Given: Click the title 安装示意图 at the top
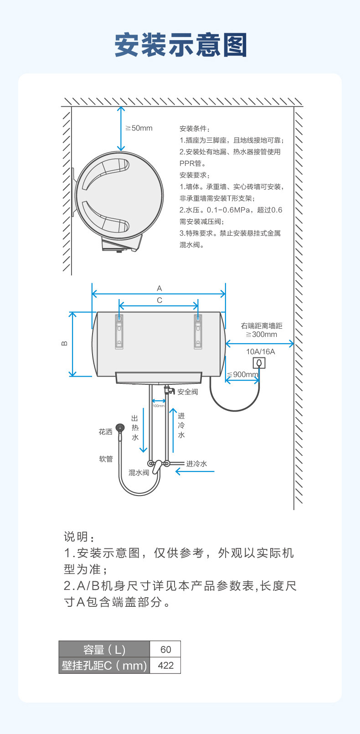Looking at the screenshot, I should point(180,45).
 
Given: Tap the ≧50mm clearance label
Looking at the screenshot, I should point(139,128).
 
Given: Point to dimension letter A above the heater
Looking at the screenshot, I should point(159,288).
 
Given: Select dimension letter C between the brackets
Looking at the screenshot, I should point(159,300).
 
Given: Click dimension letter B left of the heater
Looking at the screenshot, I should point(64,343).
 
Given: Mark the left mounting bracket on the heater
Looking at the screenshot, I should point(119,331).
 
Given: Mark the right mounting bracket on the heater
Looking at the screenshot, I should point(198,331).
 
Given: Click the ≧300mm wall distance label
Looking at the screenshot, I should point(262,334).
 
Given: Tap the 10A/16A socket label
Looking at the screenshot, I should point(261,351).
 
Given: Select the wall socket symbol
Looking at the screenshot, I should point(259,363).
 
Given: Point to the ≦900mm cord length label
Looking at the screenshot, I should point(243,375).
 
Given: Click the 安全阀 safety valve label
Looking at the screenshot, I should point(188,392).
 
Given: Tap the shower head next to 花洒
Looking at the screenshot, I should point(120,428).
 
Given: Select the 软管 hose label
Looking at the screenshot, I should point(106,459).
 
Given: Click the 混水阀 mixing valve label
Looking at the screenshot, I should point(139,472).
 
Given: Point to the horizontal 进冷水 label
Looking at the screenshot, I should point(196,464).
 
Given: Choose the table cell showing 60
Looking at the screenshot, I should point(165,649).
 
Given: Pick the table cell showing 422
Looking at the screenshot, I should point(165,665).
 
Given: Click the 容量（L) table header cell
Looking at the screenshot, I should point(104,649).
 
